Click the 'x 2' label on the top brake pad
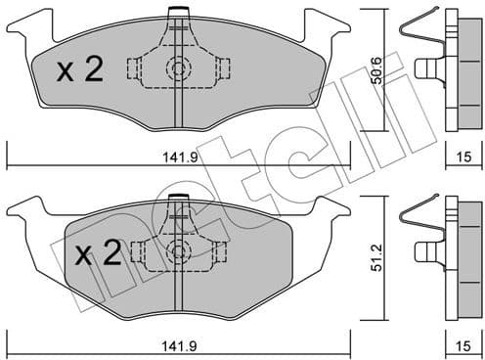pos(81,69)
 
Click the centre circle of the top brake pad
pos(178,68)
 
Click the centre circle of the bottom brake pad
pos(178,250)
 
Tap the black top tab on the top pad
pos(178,12)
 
